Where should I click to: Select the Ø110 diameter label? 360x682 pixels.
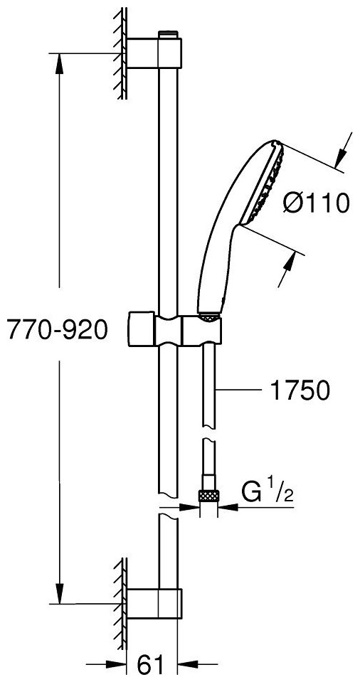click(x=316, y=203)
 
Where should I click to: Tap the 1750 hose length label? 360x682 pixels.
click(x=300, y=391)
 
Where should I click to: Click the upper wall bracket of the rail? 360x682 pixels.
click(x=154, y=53)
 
